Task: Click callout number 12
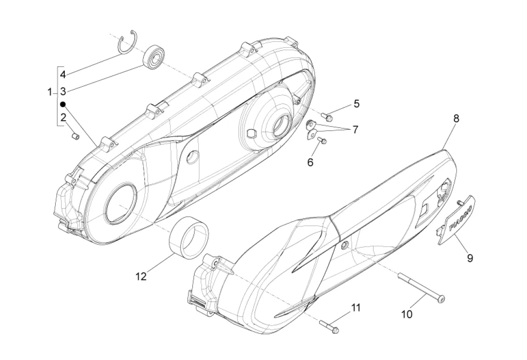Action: (x=141, y=276)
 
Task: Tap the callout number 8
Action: (x=456, y=119)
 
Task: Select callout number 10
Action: (x=407, y=314)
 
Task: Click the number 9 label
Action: (x=469, y=257)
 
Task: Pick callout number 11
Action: (x=356, y=308)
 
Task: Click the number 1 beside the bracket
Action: (x=50, y=92)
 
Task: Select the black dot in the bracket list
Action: (x=62, y=104)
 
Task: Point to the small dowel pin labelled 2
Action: (x=75, y=136)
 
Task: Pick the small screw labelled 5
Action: (x=327, y=114)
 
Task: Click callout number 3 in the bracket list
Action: (x=62, y=90)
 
